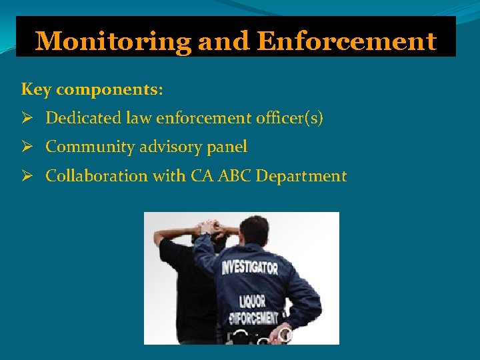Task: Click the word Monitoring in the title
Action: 114,41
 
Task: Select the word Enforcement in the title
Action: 346,41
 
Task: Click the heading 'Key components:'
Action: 92,89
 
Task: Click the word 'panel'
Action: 227,147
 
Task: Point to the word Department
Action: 301,176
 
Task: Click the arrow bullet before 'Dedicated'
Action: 27,119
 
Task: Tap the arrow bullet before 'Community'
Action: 27,147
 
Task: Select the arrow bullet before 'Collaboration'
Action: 27,177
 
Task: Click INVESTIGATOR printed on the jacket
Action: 249,268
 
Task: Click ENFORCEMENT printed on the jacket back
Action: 255,316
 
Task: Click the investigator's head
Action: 254,231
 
